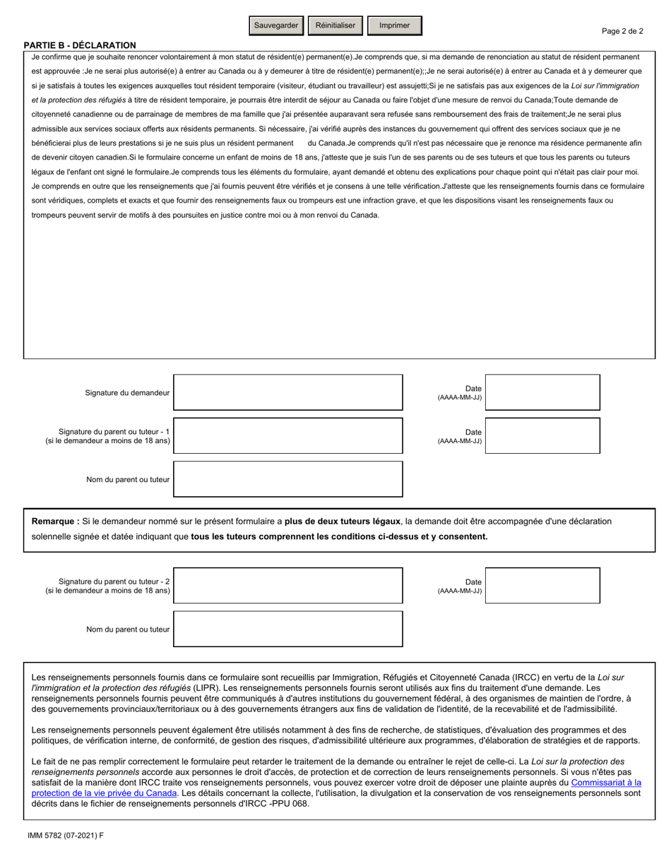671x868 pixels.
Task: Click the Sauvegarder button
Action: click(x=276, y=25)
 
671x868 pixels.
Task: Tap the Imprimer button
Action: click(x=394, y=25)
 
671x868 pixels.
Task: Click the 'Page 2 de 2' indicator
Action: click(x=622, y=31)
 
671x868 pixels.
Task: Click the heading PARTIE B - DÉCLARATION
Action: click(x=80, y=45)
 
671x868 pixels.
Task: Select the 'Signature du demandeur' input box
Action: click(x=287, y=392)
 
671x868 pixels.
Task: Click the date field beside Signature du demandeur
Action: click(x=542, y=392)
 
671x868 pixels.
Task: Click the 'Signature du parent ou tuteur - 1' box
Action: click(x=287, y=435)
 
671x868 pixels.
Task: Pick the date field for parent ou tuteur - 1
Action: click(x=542, y=435)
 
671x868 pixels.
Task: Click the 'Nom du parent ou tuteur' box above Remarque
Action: click(x=287, y=479)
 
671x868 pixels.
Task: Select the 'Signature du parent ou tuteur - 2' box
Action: click(x=287, y=585)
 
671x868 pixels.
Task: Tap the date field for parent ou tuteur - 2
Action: click(x=542, y=585)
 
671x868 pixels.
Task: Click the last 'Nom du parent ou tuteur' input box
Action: click(x=287, y=629)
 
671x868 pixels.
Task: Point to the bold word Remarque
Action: click(x=55, y=522)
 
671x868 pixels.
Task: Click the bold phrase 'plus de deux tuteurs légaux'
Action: click(x=343, y=522)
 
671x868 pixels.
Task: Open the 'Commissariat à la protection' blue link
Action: click(x=605, y=783)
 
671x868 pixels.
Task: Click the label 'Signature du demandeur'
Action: click(x=127, y=392)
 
